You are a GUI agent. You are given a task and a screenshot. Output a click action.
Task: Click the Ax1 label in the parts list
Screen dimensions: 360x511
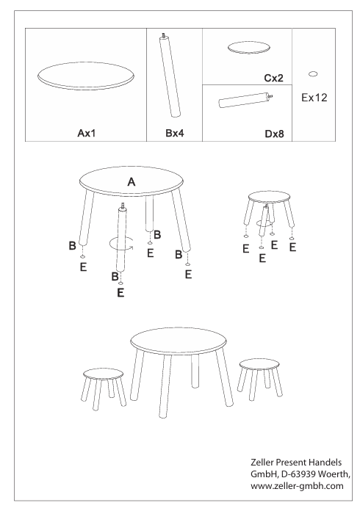tap(87, 133)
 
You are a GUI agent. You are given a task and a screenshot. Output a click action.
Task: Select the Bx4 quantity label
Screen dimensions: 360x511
tap(175, 133)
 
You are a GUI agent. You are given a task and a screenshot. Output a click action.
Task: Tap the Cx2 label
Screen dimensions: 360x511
tap(273, 78)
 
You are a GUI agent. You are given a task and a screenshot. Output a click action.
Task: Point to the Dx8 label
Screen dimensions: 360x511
tap(274, 134)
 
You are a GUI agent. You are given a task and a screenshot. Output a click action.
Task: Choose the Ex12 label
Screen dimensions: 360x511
tap(314, 98)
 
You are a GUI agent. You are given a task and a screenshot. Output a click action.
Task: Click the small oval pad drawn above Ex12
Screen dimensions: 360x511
tap(313, 74)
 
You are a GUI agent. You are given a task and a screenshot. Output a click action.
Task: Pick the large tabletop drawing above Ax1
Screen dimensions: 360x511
tap(86, 76)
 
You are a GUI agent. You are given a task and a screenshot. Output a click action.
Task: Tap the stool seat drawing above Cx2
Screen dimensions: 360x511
tap(249, 47)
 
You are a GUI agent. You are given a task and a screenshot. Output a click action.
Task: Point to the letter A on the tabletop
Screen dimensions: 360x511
tap(131, 182)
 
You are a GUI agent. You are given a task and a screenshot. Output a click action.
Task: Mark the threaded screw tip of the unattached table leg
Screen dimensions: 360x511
tap(123, 206)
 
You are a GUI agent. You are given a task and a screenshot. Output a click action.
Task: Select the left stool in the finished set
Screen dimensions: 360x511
tap(103, 388)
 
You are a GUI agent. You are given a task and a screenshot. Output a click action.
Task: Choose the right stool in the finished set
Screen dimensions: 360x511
tap(260, 379)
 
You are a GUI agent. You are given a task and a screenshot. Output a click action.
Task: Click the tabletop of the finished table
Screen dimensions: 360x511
tap(179, 341)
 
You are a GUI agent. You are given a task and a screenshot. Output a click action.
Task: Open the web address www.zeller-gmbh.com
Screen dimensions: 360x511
tap(297, 486)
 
